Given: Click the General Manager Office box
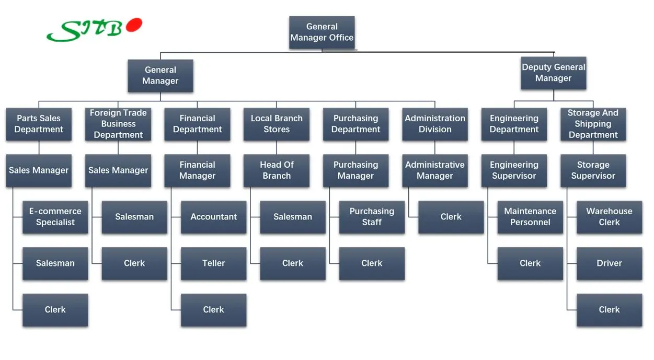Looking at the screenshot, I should (322, 32).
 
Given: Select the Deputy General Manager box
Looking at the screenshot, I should (553, 73).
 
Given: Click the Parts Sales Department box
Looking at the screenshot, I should (39, 124).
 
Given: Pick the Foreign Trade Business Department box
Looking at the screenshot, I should (118, 124).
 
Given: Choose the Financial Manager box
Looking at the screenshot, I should (197, 170).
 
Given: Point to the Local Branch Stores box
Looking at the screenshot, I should (277, 124).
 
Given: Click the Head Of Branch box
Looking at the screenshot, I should (277, 170).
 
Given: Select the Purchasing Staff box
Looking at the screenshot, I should (372, 217).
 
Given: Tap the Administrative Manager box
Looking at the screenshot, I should (435, 170).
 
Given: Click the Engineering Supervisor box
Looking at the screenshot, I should (514, 170).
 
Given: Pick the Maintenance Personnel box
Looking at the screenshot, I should (530, 217).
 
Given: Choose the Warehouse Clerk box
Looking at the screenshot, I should (609, 217).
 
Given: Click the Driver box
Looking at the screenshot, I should (609, 263).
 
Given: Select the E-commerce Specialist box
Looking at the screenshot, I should (55, 217).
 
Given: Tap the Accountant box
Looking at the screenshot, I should (213, 217).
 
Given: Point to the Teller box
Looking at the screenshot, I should (213, 263).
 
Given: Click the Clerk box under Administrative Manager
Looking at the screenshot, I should (451, 217).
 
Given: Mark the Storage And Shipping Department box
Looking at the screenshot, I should (593, 124).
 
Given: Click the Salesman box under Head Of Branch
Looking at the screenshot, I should (293, 217).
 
